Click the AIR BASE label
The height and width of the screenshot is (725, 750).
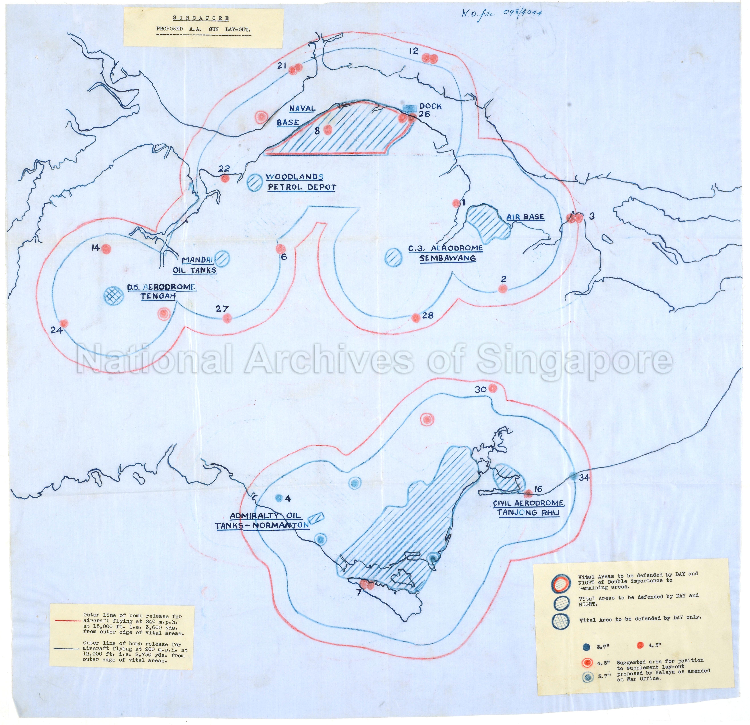525,217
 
